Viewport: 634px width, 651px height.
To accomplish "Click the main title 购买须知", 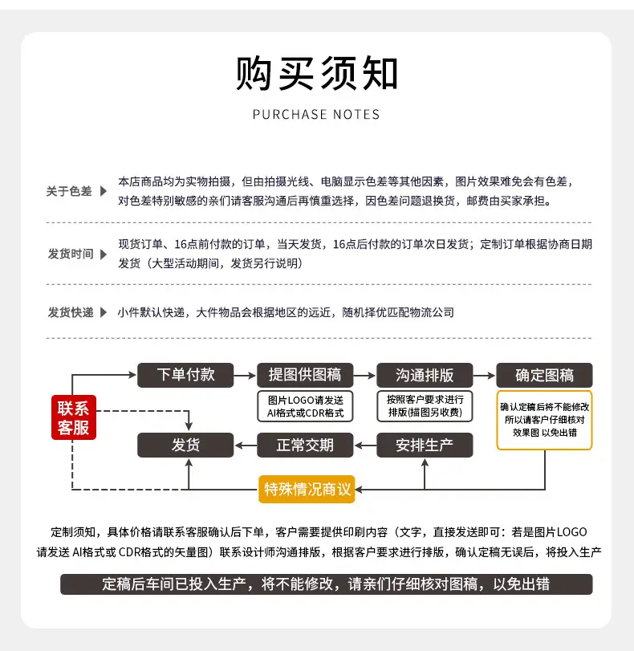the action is (317, 74).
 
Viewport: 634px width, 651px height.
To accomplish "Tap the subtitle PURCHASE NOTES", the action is (316, 115).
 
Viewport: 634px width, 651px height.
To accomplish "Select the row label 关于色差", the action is (69, 191).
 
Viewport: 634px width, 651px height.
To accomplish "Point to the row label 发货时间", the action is (71, 254).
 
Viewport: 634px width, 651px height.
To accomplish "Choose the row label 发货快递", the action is (71, 312).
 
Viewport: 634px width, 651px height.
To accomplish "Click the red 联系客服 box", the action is (74, 417).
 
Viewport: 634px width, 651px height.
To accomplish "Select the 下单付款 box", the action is (185, 375).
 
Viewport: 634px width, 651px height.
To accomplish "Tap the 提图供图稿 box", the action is (305, 375).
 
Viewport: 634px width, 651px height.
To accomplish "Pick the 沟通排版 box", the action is (425, 375).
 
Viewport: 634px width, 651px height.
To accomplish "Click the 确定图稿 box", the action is (544, 375).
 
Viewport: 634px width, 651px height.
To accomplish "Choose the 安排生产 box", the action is (425, 445).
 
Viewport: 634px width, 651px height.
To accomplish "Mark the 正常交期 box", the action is (305, 445).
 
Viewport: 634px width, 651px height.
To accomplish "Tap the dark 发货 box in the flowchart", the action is (185, 445).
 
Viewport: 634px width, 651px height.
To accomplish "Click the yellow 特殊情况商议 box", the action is (307, 489).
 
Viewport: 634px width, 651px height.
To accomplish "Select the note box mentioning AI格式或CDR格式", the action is (305, 406).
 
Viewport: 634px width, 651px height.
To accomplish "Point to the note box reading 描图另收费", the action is (425, 406).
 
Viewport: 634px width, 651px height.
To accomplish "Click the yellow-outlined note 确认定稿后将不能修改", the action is (544, 420).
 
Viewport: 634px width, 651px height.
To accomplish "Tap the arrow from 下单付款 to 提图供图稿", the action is (245, 376).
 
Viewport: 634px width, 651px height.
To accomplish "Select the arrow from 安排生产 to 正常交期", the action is (365, 446).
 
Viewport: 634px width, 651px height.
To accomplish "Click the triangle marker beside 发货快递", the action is (104, 312).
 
